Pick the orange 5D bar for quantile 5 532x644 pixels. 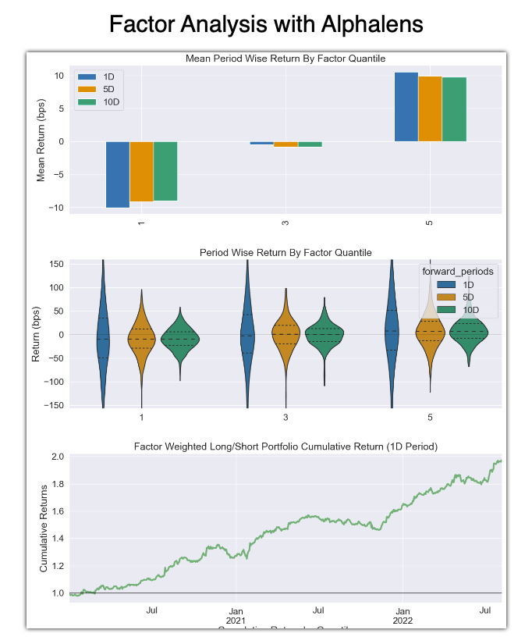pos(430,109)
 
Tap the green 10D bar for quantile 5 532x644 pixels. pos(454,109)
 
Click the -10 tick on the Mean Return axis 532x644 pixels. pos(58,208)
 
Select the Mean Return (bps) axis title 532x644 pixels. pos(42,141)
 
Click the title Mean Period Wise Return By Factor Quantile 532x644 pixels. pos(285,59)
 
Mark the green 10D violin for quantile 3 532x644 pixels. pos(324,334)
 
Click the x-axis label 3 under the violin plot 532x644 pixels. pos(286,418)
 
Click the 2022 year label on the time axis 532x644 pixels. pos(403,621)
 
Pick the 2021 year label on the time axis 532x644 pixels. pos(235,621)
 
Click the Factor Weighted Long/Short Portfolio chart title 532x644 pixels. pos(285,447)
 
